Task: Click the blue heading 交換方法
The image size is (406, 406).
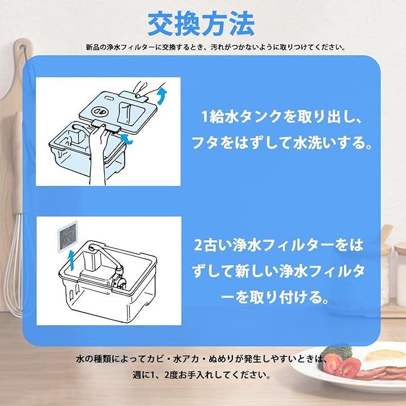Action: pyautogui.click(x=201, y=24)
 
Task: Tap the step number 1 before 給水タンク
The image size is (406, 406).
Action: pyautogui.click(x=205, y=116)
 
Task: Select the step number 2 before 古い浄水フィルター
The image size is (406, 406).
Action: pyautogui.click(x=198, y=245)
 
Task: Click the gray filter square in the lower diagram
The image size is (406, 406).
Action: pyautogui.click(x=68, y=237)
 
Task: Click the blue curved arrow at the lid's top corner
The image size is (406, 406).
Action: pyautogui.click(x=162, y=95)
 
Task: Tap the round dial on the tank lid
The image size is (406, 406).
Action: pyautogui.click(x=100, y=112)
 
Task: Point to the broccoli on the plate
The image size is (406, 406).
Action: pyautogui.click(x=336, y=352)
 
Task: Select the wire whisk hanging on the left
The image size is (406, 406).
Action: pyautogui.click(x=14, y=262)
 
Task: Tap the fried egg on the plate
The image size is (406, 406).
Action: pyautogui.click(x=383, y=358)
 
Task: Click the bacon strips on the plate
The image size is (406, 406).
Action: pyautogui.click(x=381, y=374)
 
